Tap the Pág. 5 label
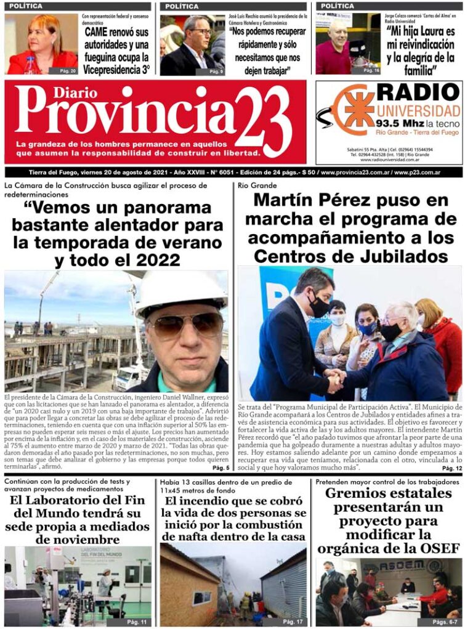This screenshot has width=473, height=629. pos(220,468)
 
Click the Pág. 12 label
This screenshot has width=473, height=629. pos(451,469)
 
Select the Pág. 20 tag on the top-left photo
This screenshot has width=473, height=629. pos(68,71)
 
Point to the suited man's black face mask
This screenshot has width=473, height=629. pos(318,307)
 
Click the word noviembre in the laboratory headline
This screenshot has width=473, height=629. pos(91,540)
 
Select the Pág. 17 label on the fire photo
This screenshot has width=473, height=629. pos(293,621)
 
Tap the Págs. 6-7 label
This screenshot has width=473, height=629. pos(445,622)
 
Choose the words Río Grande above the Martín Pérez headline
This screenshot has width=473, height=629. pos(254,185)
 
